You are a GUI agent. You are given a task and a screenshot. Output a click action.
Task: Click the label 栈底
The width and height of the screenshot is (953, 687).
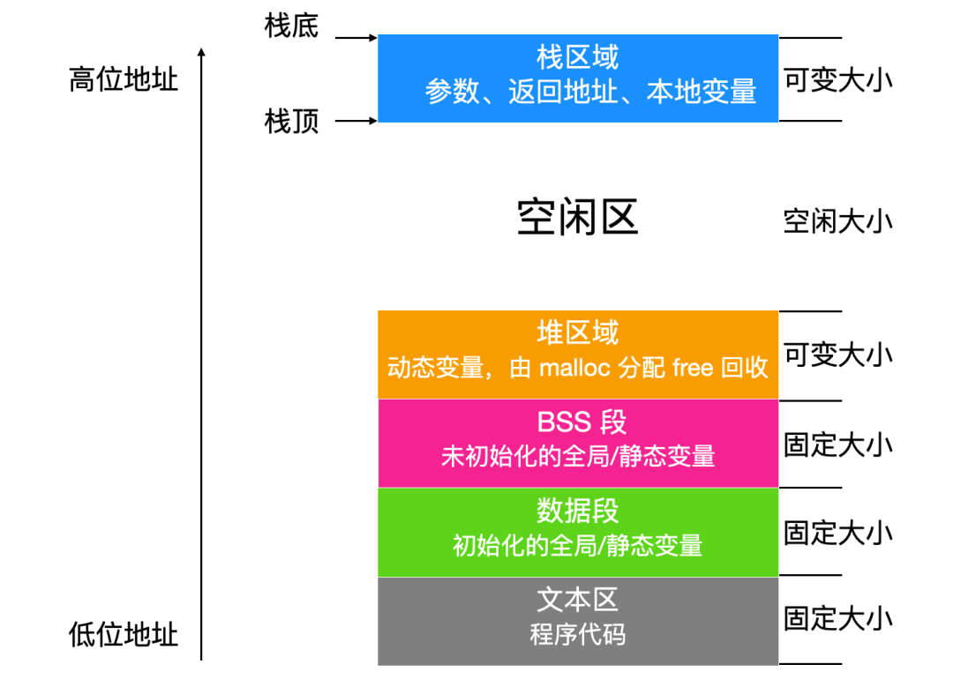[291, 26]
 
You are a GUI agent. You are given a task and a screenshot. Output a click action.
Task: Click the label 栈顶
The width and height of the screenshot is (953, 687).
[291, 121]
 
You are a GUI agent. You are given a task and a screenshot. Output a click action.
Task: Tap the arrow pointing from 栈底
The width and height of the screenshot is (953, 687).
[356, 38]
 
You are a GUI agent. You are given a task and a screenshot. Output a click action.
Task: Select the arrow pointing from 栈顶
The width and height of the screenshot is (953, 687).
[356, 120]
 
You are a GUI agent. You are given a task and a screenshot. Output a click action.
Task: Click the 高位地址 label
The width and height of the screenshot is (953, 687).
[124, 80]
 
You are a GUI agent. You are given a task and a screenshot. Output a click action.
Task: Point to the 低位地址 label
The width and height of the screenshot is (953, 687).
[124, 635]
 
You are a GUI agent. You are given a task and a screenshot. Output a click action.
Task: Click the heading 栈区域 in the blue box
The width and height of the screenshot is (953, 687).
[578, 58]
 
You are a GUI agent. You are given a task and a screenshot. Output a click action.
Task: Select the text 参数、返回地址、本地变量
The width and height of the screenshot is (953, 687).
[591, 92]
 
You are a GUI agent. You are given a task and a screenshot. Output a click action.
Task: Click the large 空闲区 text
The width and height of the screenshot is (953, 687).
[578, 217]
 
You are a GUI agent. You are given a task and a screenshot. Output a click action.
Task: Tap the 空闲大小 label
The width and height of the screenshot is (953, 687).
[837, 220]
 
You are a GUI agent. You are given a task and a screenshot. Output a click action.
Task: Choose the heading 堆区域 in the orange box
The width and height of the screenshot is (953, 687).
[578, 333]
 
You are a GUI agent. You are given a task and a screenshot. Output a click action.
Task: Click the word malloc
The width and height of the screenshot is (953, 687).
[574, 368]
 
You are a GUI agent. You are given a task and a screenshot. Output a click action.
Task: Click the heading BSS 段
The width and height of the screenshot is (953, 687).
[582, 422]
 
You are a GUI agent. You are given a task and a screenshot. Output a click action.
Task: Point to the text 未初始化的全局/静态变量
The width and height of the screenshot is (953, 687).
[578, 456]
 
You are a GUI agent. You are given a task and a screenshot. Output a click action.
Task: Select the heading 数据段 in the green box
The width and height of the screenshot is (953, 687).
[578, 512]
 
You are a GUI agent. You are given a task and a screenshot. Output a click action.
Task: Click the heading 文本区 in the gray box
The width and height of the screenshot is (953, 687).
[578, 601]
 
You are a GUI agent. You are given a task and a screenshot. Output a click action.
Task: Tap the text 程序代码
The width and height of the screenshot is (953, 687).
[578, 634]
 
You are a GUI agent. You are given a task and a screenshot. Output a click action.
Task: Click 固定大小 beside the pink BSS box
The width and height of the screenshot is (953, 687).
[837, 444]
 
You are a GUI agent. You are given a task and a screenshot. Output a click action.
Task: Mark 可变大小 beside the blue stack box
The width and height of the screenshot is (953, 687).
[837, 80]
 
